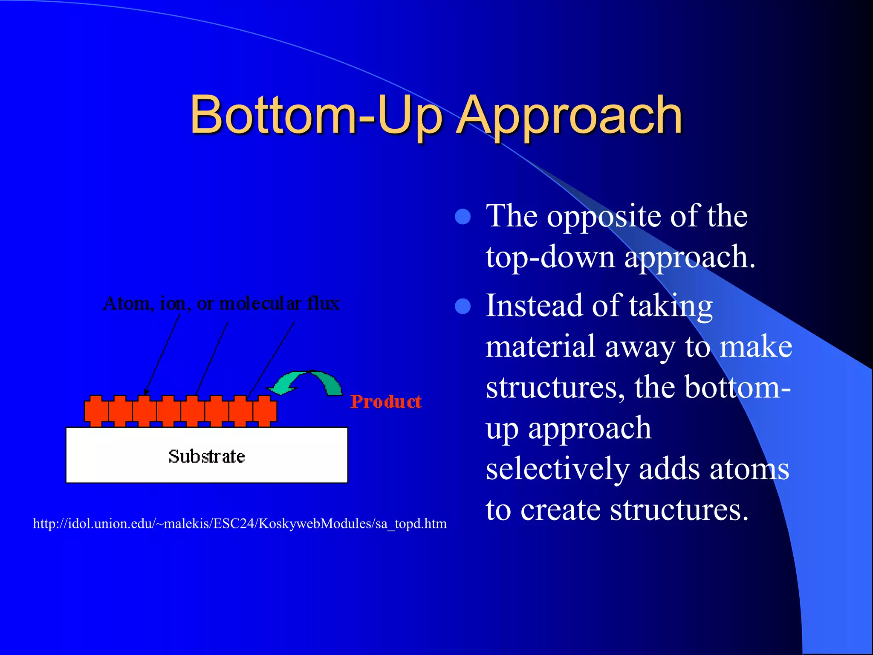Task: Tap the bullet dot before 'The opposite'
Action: coord(463,217)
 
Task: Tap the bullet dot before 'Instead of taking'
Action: coord(463,306)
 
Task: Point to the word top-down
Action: coord(550,258)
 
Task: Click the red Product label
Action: coord(386,402)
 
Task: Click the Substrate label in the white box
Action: coord(207,456)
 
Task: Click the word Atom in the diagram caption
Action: coord(127,304)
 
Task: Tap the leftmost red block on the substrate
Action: coord(96,411)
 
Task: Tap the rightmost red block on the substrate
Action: coord(265,411)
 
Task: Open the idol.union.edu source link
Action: coord(240,524)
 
